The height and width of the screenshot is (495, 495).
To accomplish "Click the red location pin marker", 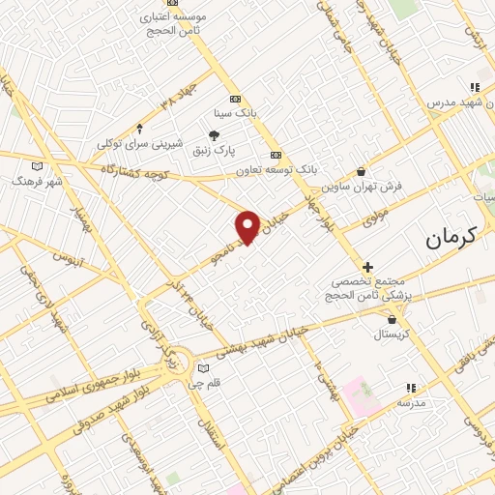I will (x=248, y=226).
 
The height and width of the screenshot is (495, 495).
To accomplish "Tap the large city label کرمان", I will (x=452, y=235).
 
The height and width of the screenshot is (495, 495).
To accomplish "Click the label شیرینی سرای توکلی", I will (x=140, y=145).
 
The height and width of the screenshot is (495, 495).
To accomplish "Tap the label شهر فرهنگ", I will (x=38, y=181).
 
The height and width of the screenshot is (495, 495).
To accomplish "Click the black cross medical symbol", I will (x=367, y=267).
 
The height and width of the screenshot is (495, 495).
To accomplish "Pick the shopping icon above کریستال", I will (x=391, y=318).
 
